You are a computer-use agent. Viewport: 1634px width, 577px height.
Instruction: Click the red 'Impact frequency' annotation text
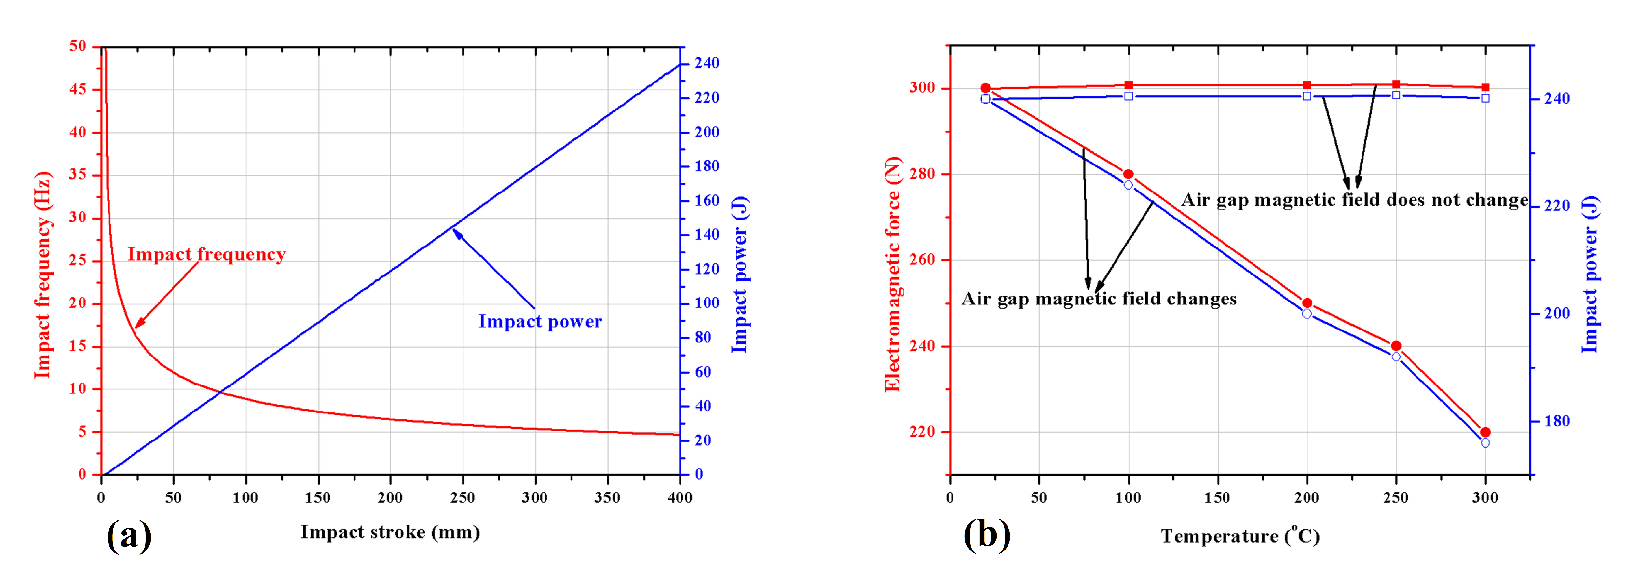(x=206, y=254)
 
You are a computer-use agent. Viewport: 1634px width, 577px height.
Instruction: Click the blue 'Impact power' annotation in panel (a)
(x=540, y=321)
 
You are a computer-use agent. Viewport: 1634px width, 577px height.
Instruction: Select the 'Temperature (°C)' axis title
(x=1240, y=536)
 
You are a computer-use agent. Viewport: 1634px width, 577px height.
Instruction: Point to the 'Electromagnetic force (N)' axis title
(x=893, y=274)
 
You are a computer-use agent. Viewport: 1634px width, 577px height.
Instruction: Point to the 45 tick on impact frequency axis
(x=78, y=89)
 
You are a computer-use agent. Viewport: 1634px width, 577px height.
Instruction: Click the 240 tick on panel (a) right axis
(x=707, y=63)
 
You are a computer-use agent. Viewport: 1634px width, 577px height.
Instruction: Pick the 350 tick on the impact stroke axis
(x=607, y=497)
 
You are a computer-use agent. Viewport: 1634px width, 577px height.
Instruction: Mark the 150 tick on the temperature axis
(x=1217, y=497)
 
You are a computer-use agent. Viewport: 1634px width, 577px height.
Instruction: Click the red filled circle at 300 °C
(x=1485, y=432)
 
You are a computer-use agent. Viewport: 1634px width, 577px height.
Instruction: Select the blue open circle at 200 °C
(x=1307, y=314)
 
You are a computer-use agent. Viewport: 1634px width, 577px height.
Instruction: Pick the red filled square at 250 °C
(x=1396, y=84)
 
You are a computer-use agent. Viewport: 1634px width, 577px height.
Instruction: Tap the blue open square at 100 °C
(x=1128, y=96)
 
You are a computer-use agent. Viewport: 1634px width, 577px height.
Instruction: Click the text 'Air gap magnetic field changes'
(x=1099, y=299)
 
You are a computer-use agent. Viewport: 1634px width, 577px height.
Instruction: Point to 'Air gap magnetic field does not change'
(x=1354, y=200)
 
